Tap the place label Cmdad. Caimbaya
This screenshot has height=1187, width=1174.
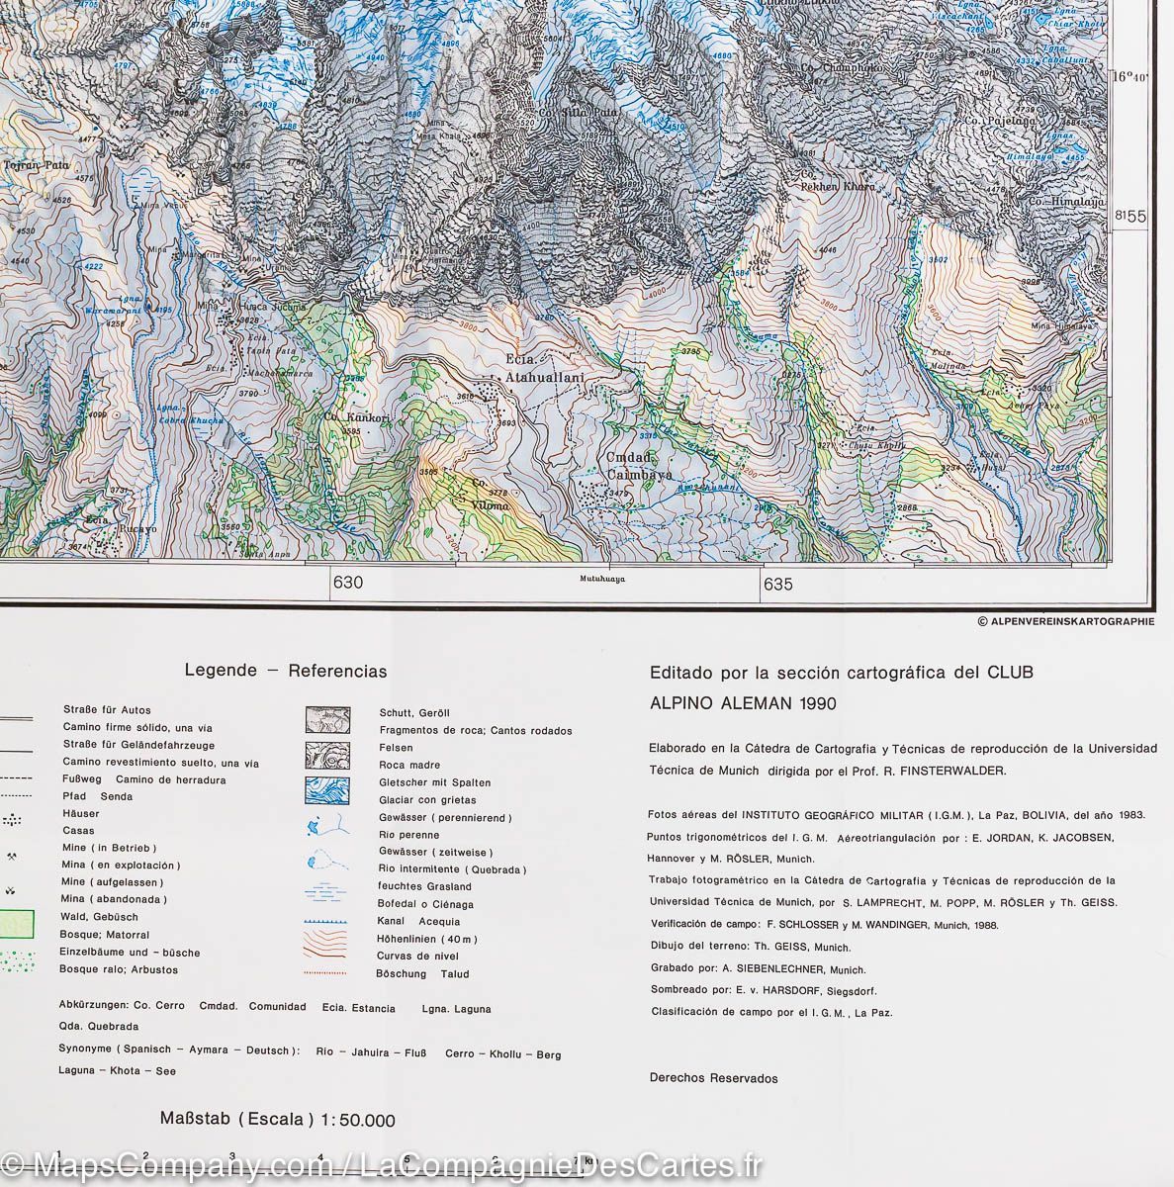click(640, 466)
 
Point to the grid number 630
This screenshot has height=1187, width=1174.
click(348, 583)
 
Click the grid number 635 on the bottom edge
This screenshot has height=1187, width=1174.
click(778, 584)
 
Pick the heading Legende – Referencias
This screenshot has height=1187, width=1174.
click(286, 671)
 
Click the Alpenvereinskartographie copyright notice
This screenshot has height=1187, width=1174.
click(1065, 621)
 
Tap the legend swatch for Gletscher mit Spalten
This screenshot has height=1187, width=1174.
click(326, 789)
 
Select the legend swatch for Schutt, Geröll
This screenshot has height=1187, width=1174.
click(326, 719)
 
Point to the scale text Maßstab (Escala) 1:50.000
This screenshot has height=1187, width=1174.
click(278, 1120)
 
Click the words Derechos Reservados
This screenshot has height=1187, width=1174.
click(713, 1078)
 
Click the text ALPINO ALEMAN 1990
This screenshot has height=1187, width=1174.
click(743, 703)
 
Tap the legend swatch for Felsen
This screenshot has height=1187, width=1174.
click(326, 755)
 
